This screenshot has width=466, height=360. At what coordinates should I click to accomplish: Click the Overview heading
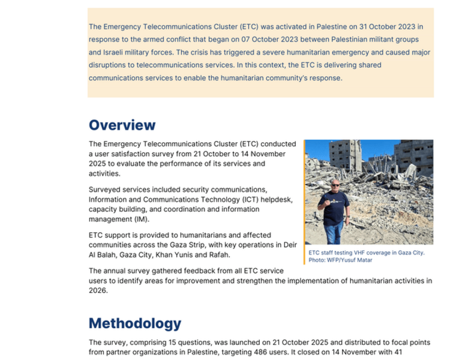[122, 125]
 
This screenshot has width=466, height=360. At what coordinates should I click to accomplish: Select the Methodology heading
[134, 323]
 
